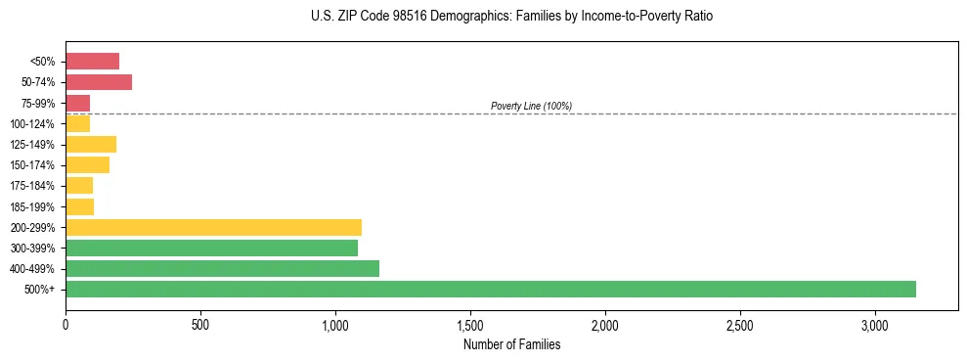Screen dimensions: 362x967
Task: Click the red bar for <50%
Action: pos(92,62)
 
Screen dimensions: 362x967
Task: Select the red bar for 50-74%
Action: pos(99,82)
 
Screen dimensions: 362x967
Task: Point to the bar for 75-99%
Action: pos(77,103)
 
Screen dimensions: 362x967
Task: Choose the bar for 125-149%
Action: pos(91,145)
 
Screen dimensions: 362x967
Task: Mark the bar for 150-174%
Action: pos(87,165)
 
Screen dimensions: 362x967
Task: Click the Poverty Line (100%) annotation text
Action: pos(531,106)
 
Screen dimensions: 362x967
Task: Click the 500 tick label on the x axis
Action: pos(200,324)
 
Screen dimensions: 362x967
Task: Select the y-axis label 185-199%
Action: pos(32,206)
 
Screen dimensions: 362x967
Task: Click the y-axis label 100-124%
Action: pos(32,124)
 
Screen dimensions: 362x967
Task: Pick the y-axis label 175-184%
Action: pos(32,186)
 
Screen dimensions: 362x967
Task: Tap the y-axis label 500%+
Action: pos(40,290)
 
